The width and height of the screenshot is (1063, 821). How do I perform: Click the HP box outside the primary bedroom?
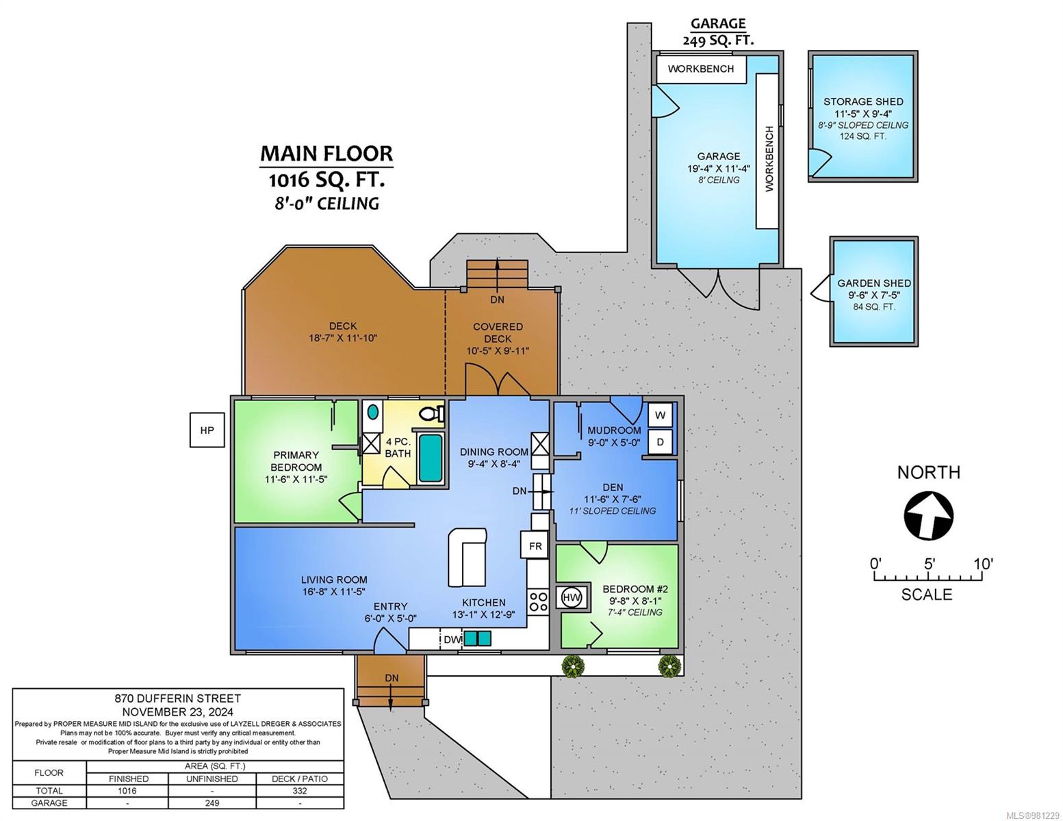coord(207,430)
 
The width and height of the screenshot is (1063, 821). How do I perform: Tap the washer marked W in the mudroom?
coord(660,416)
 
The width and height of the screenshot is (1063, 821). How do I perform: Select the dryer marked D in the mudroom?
coord(660,442)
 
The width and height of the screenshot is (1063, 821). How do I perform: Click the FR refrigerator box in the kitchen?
coord(535,546)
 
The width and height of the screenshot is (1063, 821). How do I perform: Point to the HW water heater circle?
coord(571,597)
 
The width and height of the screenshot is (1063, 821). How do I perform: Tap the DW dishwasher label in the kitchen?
coord(452,640)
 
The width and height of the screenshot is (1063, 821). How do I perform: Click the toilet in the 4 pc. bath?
coord(431,414)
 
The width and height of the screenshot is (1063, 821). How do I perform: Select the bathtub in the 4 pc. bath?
coord(431,458)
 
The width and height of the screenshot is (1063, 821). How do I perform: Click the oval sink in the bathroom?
coord(373,411)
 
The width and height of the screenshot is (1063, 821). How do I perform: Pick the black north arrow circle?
coord(928,517)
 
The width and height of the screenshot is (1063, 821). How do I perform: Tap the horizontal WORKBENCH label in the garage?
coord(700,69)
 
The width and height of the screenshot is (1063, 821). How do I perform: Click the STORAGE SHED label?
coord(863,102)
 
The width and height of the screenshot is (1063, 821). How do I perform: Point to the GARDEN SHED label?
coord(874,283)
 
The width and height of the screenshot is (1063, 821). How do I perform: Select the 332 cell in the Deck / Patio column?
coord(299,791)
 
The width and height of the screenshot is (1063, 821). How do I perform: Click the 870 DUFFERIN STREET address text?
coord(177,699)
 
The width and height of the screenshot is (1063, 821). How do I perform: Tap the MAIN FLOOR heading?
coord(326,153)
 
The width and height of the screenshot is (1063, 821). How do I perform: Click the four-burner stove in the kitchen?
coord(538,602)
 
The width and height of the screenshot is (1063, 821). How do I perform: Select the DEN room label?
coord(613,487)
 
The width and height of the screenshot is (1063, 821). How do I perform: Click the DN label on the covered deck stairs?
coord(497,300)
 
